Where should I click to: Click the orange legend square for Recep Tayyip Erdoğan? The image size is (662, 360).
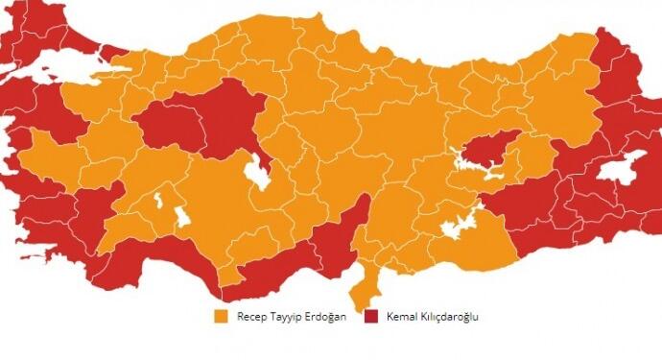[221, 316]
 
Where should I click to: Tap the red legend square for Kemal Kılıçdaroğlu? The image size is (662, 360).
[370, 316]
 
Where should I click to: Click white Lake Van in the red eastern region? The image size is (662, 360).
[626, 165]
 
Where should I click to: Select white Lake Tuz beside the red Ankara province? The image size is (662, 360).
[257, 174]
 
